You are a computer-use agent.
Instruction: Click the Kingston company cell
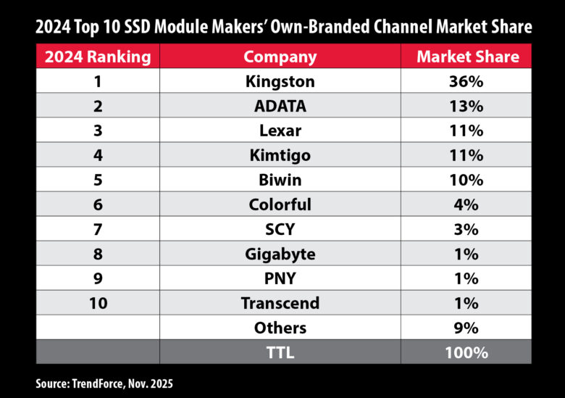click(280, 81)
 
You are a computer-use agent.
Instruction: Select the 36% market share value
click(466, 81)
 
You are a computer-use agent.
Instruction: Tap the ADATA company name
click(280, 106)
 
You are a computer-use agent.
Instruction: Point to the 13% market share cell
click(466, 106)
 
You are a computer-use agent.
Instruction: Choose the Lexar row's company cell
click(280, 130)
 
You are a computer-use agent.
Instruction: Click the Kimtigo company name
click(280, 155)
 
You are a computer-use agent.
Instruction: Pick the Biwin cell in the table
click(280, 180)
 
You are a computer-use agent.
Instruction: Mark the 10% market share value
click(466, 180)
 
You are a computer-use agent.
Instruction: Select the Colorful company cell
click(280, 204)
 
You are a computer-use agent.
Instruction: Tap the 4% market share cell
click(466, 204)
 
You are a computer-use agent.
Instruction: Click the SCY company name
click(280, 229)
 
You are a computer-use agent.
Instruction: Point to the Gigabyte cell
click(280, 254)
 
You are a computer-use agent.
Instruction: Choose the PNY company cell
click(280, 278)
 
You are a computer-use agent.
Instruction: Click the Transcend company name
click(280, 303)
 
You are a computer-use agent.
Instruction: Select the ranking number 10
click(97, 303)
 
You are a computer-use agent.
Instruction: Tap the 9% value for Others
click(466, 328)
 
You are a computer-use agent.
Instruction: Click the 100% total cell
click(466, 352)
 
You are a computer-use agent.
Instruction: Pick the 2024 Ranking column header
click(97, 57)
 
